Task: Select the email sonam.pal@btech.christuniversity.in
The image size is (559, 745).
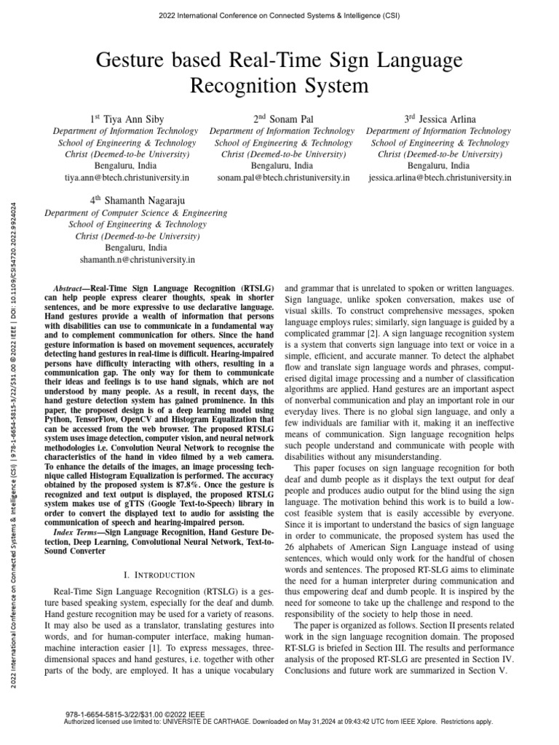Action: tap(282, 177)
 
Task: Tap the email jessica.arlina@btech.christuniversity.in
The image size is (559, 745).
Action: tap(440, 177)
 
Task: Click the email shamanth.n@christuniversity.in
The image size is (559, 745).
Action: tap(136, 259)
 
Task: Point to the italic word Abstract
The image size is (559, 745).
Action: tap(71, 289)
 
